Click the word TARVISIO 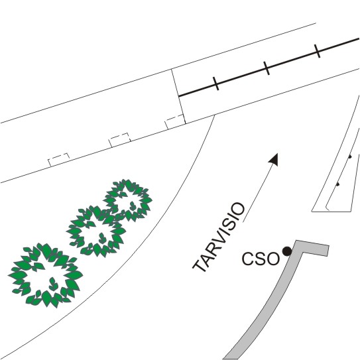(x=219, y=237)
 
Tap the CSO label (x=261, y=259)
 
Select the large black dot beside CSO (x=287, y=251)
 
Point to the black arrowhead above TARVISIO (x=274, y=159)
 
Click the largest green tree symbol (x=45, y=275)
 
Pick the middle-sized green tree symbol (x=96, y=231)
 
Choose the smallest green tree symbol (x=128, y=200)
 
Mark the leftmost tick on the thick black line (x=216, y=84)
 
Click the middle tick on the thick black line (x=267, y=68)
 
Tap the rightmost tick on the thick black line (x=318, y=51)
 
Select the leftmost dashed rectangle (x=59, y=159)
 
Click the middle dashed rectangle (x=119, y=140)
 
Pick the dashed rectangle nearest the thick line (x=175, y=122)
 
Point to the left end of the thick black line (x=179, y=96)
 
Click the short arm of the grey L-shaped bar (x=313, y=247)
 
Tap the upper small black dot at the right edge (x=349, y=156)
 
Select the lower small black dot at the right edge (x=337, y=184)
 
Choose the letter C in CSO (x=247, y=259)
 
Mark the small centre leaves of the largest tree (x=53, y=284)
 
